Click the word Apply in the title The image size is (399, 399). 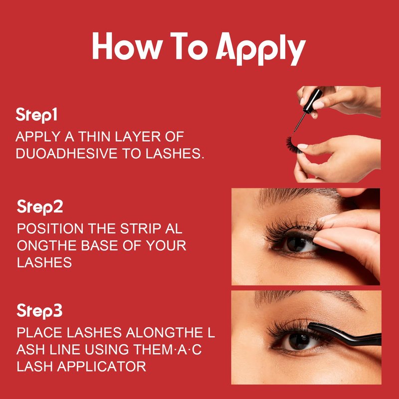point(261,48)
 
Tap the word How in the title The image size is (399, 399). point(128,46)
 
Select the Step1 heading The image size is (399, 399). point(36,115)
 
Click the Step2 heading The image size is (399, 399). point(40,207)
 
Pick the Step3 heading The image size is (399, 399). point(39,311)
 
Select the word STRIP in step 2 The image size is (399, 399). point(140,228)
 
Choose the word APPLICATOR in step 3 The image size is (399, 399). point(102,367)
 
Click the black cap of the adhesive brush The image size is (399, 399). point(313,101)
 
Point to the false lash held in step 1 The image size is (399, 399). point(293,145)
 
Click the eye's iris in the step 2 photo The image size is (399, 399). point(296,244)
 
